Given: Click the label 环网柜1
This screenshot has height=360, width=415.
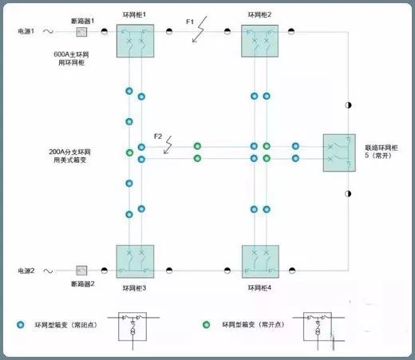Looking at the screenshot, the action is click(134, 14).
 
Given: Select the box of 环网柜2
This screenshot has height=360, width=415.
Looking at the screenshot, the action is click(259, 41).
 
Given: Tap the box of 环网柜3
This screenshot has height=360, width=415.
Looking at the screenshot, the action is click(135, 262).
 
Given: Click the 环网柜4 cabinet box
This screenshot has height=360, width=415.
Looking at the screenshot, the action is click(260, 262).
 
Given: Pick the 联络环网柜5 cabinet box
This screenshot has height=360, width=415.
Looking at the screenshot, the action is click(339, 152).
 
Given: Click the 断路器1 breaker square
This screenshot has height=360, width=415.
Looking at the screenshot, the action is click(81, 32).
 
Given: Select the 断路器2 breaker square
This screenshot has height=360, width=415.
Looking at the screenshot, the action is click(81, 271).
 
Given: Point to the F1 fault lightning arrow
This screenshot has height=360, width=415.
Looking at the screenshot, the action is click(200, 30).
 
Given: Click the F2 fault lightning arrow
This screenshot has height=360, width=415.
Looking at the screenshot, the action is click(168, 145).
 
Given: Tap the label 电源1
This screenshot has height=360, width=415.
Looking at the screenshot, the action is click(26, 31).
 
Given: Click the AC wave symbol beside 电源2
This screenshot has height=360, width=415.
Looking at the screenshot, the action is click(48, 271).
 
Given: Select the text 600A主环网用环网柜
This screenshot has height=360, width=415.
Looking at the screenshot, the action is click(71, 58).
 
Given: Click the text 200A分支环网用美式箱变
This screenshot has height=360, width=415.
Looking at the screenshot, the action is click(69, 156).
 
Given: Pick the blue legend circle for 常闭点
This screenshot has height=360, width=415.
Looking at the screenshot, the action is click(21, 325).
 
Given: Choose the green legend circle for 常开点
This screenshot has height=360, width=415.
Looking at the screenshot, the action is click(206, 325).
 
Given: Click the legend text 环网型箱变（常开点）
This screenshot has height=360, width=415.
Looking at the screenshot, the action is click(253, 325).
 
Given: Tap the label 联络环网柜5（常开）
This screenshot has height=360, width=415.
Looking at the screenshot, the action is click(381, 152).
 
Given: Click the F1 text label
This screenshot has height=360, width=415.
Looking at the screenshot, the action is click(190, 22).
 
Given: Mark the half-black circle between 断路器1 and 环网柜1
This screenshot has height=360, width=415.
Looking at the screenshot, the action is click(105, 31).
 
